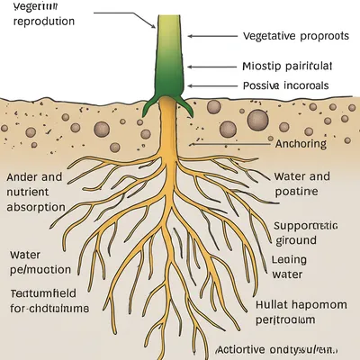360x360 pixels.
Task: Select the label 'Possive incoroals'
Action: pyautogui.click(x=286, y=86)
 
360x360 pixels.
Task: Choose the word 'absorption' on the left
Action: pyautogui.click(x=36, y=206)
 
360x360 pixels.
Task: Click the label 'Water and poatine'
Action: pyautogui.click(x=301, y=184)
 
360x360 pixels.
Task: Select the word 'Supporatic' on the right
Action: pyautogui.click(x=306, y=225)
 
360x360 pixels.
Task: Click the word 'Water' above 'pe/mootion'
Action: pyautogui.click(x=26, y=255)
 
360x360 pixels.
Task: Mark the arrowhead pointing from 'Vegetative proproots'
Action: pyautogui.click(x=189, y=36)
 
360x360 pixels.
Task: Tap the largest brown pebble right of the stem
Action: pyautogui.click(x=257, y=120)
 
